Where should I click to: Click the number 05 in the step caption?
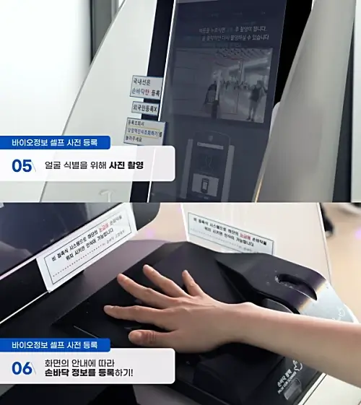[x=22, y=166]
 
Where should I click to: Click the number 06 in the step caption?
[x=22, y=368]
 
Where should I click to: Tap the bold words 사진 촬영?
[x=126, y=165]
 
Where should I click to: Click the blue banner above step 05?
[x=55, y=142]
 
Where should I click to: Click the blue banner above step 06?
[x=55, y=345]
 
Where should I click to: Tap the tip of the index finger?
[x=149, y=270]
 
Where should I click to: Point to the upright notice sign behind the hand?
[x=232, y=232]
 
